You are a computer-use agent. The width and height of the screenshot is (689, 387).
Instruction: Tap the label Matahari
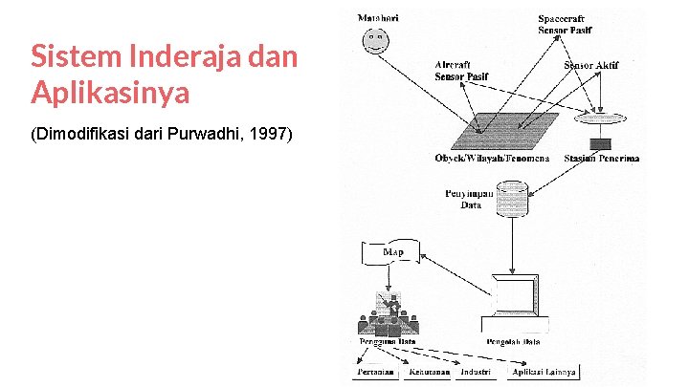pos(377,17)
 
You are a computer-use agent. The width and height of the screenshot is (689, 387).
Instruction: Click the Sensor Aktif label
pos(591,65)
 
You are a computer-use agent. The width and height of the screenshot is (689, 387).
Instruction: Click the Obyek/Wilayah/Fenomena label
pos(492,158)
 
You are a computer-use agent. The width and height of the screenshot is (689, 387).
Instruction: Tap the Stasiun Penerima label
pos(602,158)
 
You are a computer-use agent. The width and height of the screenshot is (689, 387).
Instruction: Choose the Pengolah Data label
pos(514,341)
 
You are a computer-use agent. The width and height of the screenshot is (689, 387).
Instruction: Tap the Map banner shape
pos(390,253)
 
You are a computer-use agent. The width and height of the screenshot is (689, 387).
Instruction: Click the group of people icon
pos(389,314)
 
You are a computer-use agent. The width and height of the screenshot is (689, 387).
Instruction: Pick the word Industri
pos(475,372)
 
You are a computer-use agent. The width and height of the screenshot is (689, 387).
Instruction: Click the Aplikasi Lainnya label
pos(543,372)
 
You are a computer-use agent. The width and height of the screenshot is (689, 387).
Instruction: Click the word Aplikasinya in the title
pos(110,93)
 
